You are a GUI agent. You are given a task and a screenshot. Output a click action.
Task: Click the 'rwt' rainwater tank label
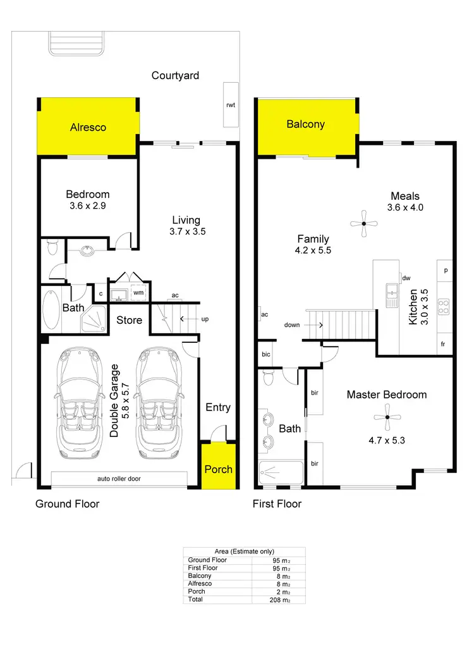[231, 105]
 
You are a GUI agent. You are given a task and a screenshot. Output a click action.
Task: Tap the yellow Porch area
[218, 467]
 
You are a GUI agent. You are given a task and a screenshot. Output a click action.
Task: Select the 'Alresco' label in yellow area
[88, 127]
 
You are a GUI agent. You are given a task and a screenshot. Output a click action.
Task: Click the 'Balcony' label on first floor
[306, 124]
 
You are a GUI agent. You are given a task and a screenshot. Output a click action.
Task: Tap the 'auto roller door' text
[119, 479]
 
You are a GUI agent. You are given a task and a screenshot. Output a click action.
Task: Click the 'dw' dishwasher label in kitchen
[406, 277]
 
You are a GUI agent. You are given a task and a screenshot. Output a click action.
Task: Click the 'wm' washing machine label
[138, 293]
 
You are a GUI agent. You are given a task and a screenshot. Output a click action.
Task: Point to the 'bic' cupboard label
[266, 354]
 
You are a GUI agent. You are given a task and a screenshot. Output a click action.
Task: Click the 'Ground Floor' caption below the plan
[67, 504]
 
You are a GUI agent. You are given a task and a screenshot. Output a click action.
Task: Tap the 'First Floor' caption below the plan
[277, 504]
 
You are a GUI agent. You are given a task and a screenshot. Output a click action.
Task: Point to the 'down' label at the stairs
[292, 324]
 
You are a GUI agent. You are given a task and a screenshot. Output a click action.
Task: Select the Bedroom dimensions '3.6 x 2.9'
[88, 206]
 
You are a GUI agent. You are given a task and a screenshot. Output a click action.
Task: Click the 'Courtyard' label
[175, 76]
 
